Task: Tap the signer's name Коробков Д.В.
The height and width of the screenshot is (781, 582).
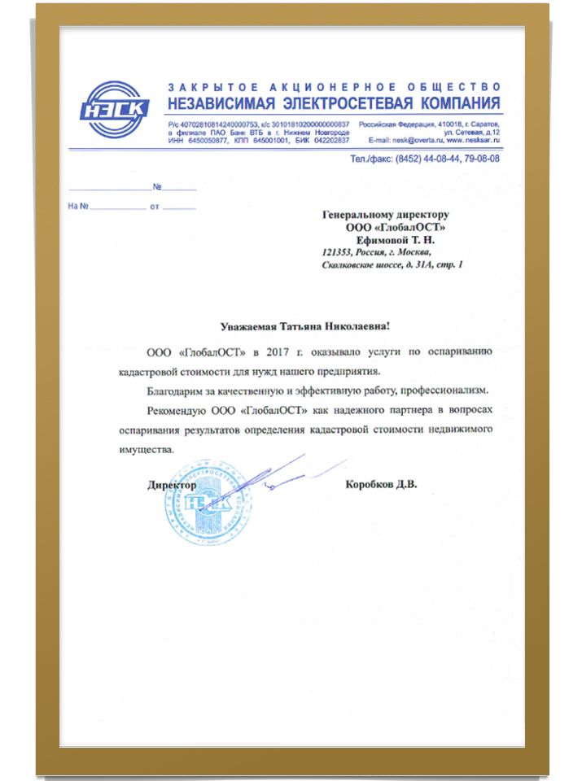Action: [381, 485]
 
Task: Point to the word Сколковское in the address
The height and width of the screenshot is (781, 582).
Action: [351, 265]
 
